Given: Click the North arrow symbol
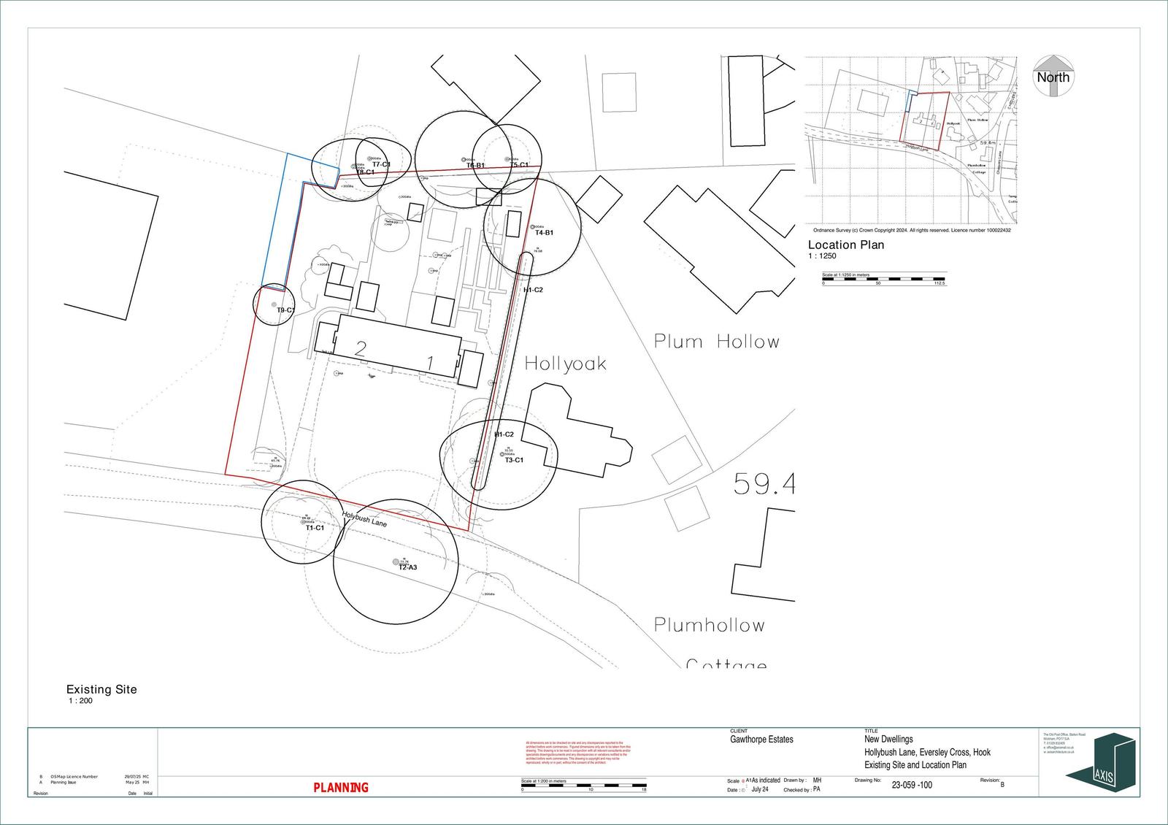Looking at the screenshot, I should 1053,76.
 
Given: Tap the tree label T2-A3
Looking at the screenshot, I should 407,567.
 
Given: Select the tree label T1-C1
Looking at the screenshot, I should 315,527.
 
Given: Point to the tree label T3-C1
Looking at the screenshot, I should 514,460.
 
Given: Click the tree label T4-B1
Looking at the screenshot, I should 544,233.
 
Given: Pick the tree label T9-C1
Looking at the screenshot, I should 285,310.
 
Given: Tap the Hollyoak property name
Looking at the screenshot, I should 565,364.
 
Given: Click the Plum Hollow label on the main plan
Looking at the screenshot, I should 716,342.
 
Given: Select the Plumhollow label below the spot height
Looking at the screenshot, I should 709,625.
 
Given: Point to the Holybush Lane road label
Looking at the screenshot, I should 364,519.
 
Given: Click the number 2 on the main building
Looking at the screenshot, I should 360,348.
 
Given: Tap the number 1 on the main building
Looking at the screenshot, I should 431,362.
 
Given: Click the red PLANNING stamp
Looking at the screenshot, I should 341,788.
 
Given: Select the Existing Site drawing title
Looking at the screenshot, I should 101,689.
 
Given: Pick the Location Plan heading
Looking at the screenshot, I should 845,245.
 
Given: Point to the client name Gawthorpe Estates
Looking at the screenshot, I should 761,740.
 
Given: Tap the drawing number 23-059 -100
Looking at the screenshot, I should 912,786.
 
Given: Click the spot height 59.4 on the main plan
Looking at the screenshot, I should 764,484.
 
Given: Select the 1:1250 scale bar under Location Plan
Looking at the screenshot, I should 883,279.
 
